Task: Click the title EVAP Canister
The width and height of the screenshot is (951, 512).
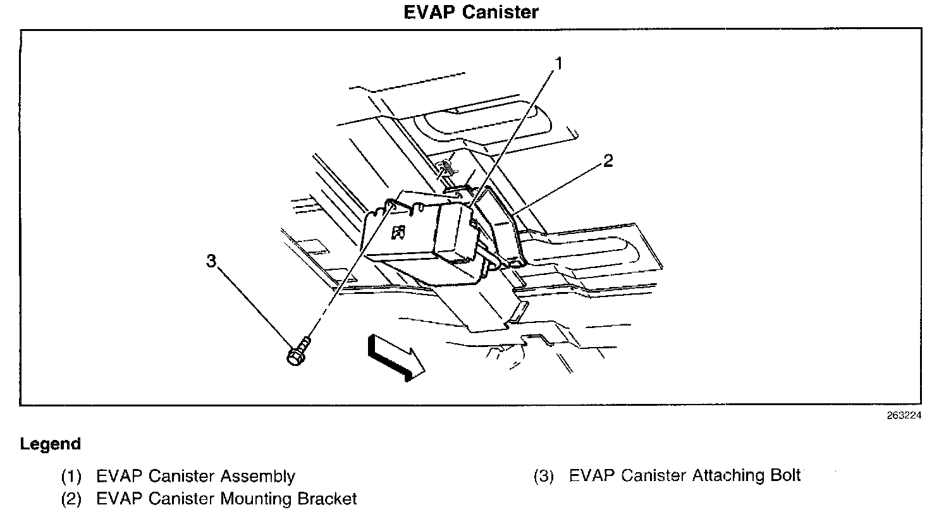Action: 471,12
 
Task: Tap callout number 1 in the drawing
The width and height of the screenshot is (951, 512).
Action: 558,63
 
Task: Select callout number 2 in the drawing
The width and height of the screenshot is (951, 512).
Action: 608,161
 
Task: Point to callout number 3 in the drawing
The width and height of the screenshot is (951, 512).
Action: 212,260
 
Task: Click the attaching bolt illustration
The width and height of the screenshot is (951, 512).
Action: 298,351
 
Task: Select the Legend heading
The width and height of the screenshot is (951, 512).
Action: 51,444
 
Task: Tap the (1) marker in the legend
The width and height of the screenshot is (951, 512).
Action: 71,476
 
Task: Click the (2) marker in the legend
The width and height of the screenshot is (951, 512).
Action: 71,499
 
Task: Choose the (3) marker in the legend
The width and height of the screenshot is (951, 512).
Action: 544,475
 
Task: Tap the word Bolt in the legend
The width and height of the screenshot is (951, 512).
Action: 784,475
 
